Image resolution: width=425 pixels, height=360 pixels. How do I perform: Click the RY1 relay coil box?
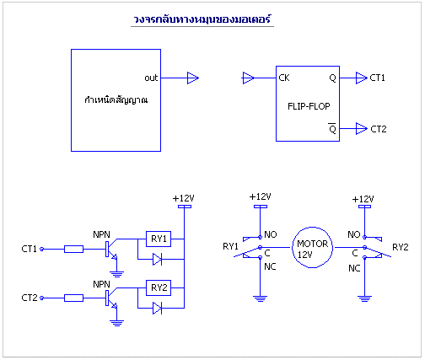[x=159, y=239]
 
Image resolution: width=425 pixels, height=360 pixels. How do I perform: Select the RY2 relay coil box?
[x=159, y=287]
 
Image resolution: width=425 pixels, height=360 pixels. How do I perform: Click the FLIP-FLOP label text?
[x=309, y=106]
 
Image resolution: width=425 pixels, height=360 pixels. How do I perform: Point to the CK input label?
[x=284, y=78]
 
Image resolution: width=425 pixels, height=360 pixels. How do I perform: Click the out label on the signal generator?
[x=151, y=78]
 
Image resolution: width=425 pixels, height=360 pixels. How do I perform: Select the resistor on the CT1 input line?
[x=73, y=249]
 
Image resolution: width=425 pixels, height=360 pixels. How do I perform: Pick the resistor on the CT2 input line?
[x=73, y=298]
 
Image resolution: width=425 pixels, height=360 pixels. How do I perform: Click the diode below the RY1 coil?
[x=157, y=259]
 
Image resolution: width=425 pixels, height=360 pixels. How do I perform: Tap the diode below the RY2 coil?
[x=157, y=308]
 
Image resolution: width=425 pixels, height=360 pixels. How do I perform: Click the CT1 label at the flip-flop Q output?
[x=377, y=78]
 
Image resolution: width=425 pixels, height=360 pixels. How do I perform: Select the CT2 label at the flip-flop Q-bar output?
[x=379, y=129]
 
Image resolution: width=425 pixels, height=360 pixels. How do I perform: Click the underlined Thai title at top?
[x=202, y=19]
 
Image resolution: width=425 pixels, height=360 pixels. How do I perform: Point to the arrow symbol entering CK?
[x=248, y=78]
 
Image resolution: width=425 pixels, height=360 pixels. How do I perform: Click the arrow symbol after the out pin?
[x=193, y=78]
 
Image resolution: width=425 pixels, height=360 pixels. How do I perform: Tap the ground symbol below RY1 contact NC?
[x=260, y=298]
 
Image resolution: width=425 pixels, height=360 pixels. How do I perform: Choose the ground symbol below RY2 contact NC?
[x=364, y=298]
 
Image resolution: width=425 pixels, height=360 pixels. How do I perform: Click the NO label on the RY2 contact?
[x=354, y=234]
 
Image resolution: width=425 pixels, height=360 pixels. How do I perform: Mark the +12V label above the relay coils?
[x=183, y=198]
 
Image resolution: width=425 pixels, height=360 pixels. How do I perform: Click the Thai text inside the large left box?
[x=116, y=99]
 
